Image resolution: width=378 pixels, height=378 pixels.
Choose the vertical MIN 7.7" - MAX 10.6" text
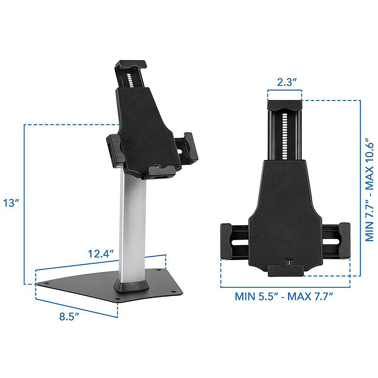(x=368, y=189)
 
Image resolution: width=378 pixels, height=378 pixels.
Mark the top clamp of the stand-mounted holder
(x=130, y=65)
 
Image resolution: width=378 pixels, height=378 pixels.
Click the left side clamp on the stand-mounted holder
(x=113, y=150)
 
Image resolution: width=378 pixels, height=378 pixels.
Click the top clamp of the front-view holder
(x=284, y=105)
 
